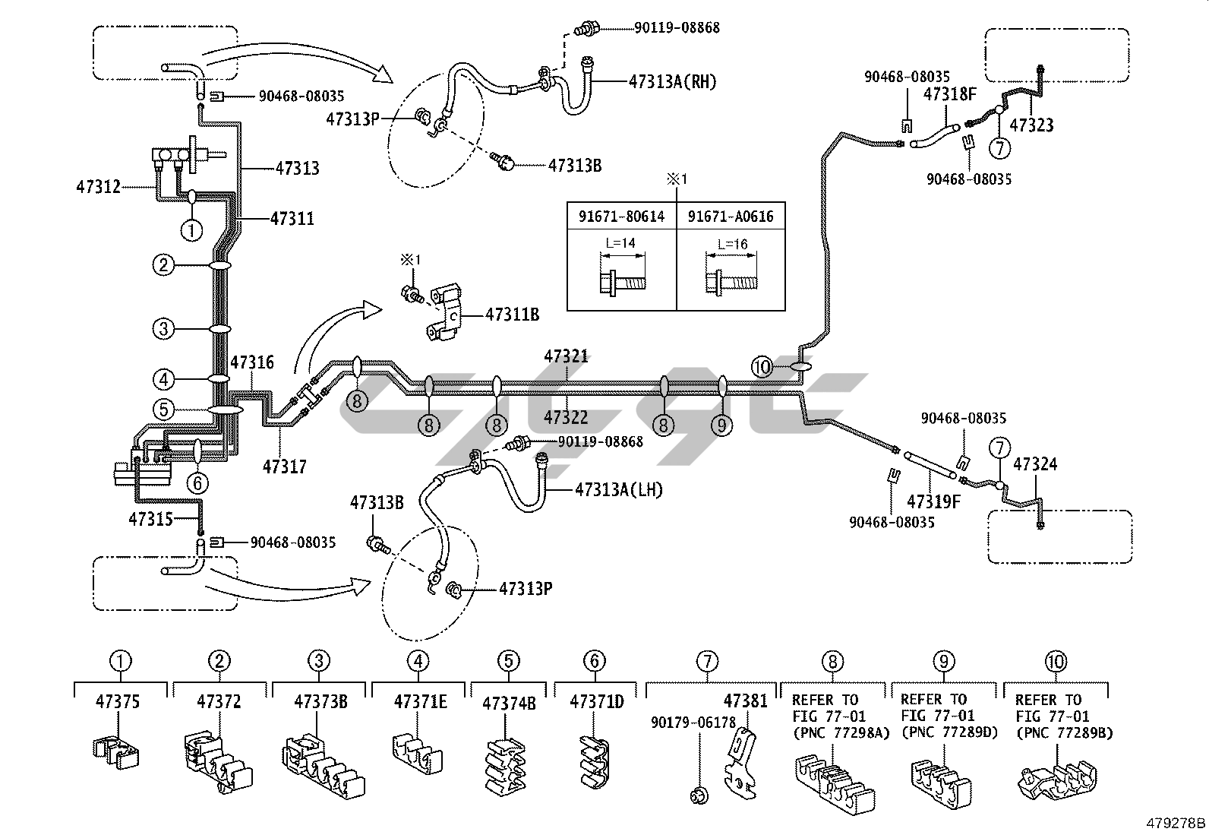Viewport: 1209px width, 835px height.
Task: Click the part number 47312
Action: pyautogui.click(x=98, y=185)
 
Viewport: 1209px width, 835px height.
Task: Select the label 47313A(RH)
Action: pyautogui.click(x=672, y=82)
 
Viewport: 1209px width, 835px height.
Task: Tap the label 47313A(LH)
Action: pyautogui.click(x=619, y=490)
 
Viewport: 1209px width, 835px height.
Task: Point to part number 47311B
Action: pyautogui.click(x=512, y=313)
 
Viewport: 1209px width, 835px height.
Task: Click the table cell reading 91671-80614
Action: pyautogui.click(x=621, y=217)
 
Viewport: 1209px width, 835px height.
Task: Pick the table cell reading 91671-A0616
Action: pyautogui.click(x=731, y=217)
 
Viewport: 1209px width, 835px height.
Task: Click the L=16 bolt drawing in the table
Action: pyautogui.click(x=731, y=282)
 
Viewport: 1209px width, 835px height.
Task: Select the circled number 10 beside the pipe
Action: pyautogui.click(x=762, y=367)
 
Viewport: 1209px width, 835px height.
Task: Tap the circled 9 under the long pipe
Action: pyautogui.click(x=721, y=425)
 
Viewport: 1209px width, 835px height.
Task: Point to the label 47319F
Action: pyautogui.click(x=933, y=501)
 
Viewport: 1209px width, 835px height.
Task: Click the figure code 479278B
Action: pyautogui.click(x=1176, y=823)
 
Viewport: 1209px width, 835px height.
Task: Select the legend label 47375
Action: pyautogui.click(x=118, y=701)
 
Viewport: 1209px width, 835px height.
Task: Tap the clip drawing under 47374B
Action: pyautogui.click(x=503, y=762)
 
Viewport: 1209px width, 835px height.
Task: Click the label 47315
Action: pyautogui.click(x=151, y=519)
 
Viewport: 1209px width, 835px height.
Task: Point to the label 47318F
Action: pyautogui.click(x=949, y=95)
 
